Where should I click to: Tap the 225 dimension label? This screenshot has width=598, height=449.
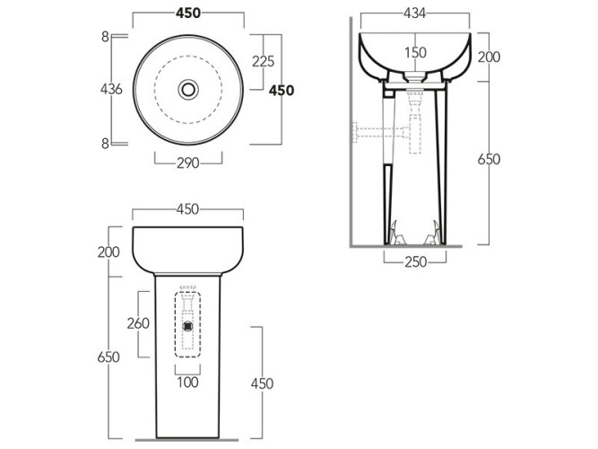pyautogui.click(x=263, y=61)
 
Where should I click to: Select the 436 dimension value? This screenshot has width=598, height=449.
pyautogui.click(x=112, y=90)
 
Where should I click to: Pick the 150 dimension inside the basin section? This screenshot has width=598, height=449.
pyautogui.click(x=414, y=53)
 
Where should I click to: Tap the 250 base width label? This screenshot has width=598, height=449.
pyautogui.click(x=415, y=261)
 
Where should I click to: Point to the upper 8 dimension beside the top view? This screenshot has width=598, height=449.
pyautogui.click(x=105, y=36)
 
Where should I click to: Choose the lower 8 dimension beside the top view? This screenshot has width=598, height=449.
pyautogui.click(x=105, y=143)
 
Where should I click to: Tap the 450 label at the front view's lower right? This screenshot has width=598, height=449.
pyautogui.click(x=262, y=383)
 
